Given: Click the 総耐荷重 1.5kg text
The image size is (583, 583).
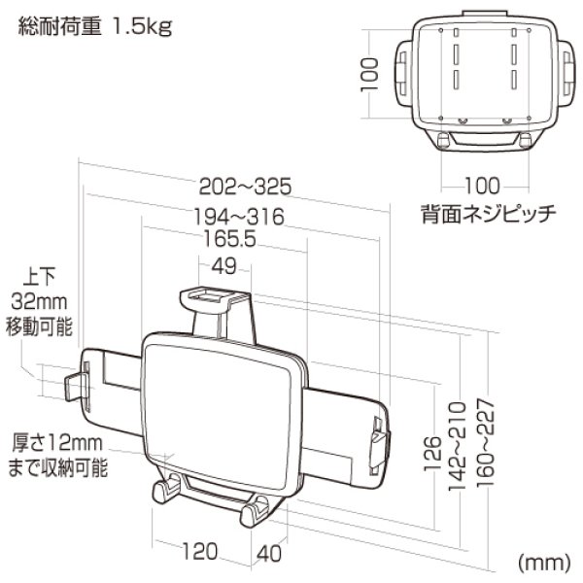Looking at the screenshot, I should click(95, 26).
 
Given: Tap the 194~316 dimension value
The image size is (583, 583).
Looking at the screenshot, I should click(237, 217).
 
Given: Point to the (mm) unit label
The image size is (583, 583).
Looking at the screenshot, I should click(543, 563).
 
